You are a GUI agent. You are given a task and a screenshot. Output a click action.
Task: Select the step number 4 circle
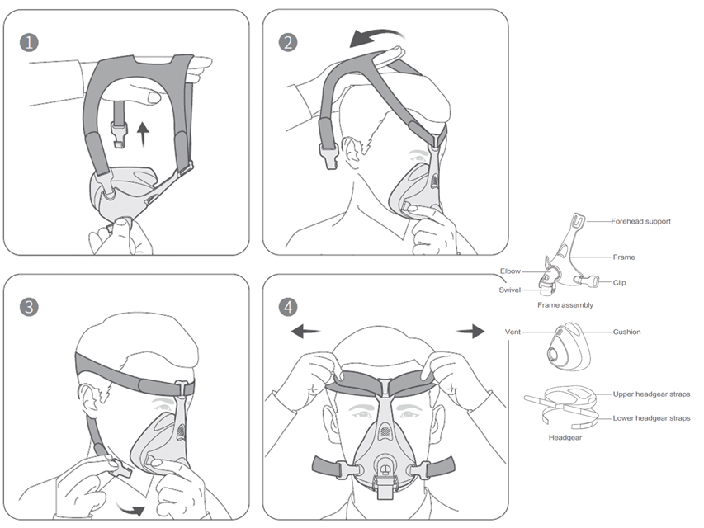pyautogui.click(x=286, y=308)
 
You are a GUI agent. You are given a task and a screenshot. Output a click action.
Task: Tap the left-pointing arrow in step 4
pyautogui.click(x=305, y=331)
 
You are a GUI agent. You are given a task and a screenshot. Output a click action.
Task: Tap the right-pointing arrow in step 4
pyautogui.click(x=470, y=331)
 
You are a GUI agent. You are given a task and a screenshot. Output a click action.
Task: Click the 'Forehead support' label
pyautogui.click(x=640, y=221)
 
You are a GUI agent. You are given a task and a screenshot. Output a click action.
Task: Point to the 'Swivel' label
pyautogui.click(x=509, y=290)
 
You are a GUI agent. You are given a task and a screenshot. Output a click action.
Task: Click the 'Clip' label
pyautogui.click(x=619, y=283)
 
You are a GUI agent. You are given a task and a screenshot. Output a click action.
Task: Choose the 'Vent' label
pyautogui.click(x=512, y=332)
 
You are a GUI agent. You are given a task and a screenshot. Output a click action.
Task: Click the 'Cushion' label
pyautogui.click(x=626, y=332)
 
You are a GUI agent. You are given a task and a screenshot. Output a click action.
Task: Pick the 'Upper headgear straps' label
pyautogui.click(x=651, y=394)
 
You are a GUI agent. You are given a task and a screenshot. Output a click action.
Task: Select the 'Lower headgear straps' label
pyautogui.click(x=651, y=418)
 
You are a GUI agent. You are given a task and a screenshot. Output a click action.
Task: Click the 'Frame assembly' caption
pyautogui.click(x=565, y=305)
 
